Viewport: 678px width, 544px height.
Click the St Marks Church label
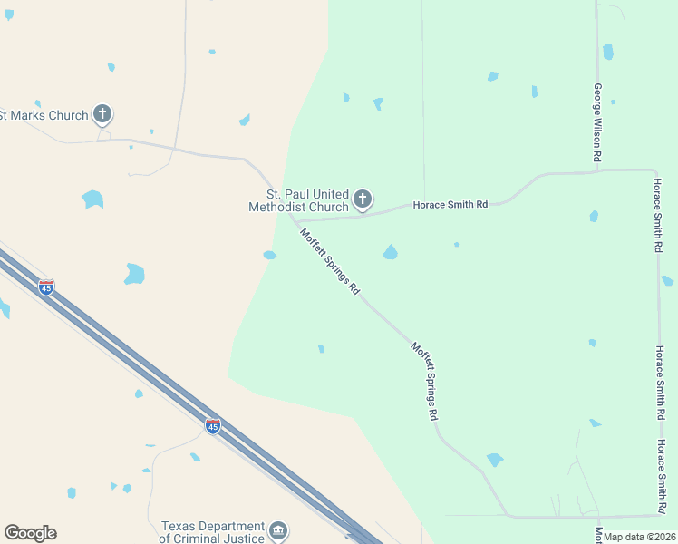(44, 115)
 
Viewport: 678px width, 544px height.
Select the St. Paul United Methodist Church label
(298, 200)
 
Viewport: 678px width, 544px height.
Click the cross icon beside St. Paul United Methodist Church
(363, 199)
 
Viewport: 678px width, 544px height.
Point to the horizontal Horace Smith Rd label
(450, 205)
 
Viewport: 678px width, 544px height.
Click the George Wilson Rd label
(598, 122)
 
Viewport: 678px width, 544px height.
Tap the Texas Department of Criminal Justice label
(213, 532)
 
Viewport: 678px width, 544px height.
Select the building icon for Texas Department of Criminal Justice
(278, 529)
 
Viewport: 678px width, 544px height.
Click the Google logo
(30, 533)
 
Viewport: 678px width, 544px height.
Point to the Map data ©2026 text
(639, 537)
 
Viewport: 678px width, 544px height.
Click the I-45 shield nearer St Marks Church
(46, 287)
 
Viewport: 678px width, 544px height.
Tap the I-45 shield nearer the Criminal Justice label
(212, 426)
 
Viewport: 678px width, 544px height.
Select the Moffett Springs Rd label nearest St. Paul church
(331, 261)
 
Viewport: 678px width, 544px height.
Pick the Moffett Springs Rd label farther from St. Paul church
(425, 380)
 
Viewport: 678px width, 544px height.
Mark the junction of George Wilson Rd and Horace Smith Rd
(598, 170)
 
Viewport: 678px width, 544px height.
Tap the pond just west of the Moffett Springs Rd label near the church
(269, 255)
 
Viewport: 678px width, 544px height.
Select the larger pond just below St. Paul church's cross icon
(390, 252)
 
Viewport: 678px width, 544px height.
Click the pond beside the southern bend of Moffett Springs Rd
(494, 460)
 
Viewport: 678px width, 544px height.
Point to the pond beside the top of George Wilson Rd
(608, 52)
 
